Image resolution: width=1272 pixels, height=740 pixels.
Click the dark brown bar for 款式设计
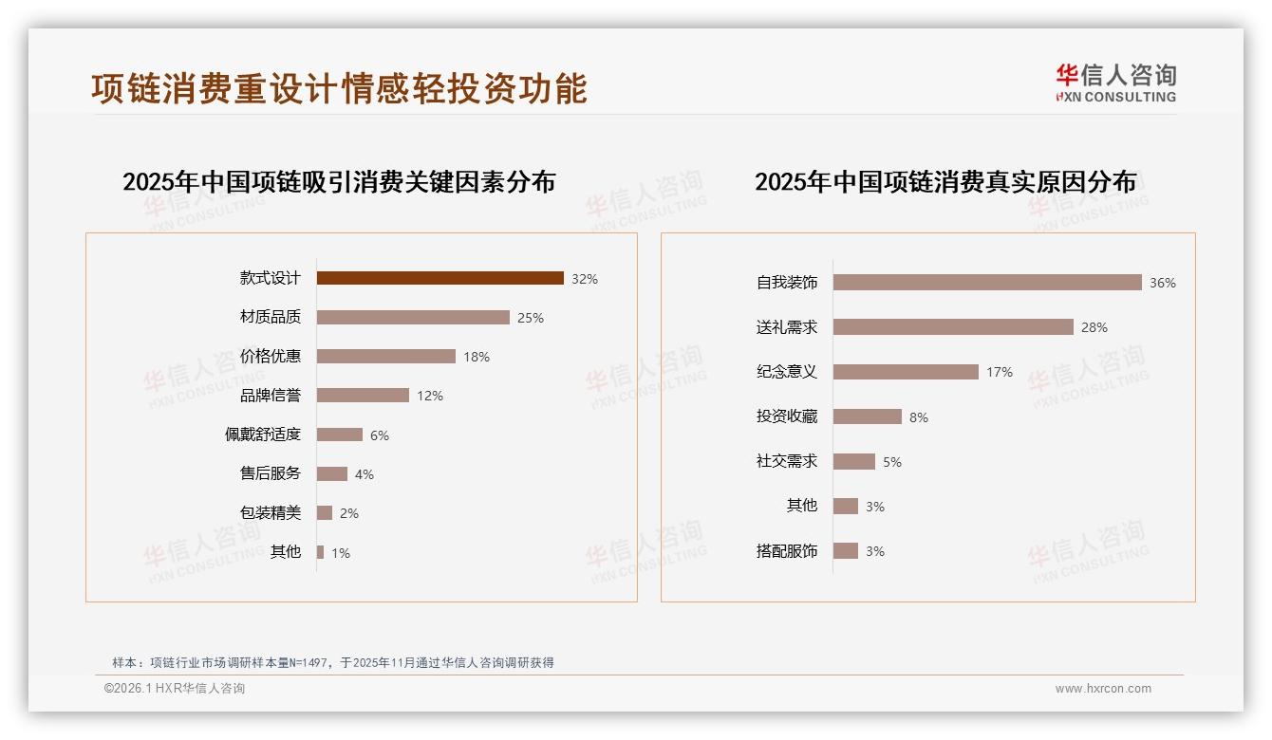[x=440, y=278]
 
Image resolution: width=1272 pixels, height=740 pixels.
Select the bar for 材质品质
[x=413, y=317]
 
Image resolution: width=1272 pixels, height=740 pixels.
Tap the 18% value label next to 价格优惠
[x=477, y=357]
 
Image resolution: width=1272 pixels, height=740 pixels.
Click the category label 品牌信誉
[x=271, y=395]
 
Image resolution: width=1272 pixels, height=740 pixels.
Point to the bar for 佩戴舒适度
[x=339, y=435]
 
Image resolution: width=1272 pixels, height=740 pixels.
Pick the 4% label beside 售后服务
[x=365, y=474]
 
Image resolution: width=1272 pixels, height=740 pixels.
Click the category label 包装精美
[x=271, y=512]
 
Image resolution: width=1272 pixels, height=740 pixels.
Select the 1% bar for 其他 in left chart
[x=321, y=552]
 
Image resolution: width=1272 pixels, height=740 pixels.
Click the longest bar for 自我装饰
[x=987, y=282]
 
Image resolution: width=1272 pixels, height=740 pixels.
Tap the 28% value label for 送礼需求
[x=1094, y=327]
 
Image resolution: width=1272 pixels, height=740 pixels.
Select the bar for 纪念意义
[x=906, y=372]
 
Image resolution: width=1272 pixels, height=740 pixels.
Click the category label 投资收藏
[x=787, y=416]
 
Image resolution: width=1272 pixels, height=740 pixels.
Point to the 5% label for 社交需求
[x=892, y=462]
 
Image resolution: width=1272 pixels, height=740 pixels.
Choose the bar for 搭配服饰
[x=846, y=551]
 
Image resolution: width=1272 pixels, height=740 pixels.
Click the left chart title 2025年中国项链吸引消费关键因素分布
[x=339, y=181]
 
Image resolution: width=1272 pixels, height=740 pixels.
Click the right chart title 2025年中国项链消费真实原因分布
[x=945, y=181]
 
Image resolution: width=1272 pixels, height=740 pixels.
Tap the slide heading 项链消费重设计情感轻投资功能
[x=339, y=88]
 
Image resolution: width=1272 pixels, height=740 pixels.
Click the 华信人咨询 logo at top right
[x=1115, y=83]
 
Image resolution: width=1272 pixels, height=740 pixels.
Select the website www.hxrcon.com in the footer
[x=1103, y=689]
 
